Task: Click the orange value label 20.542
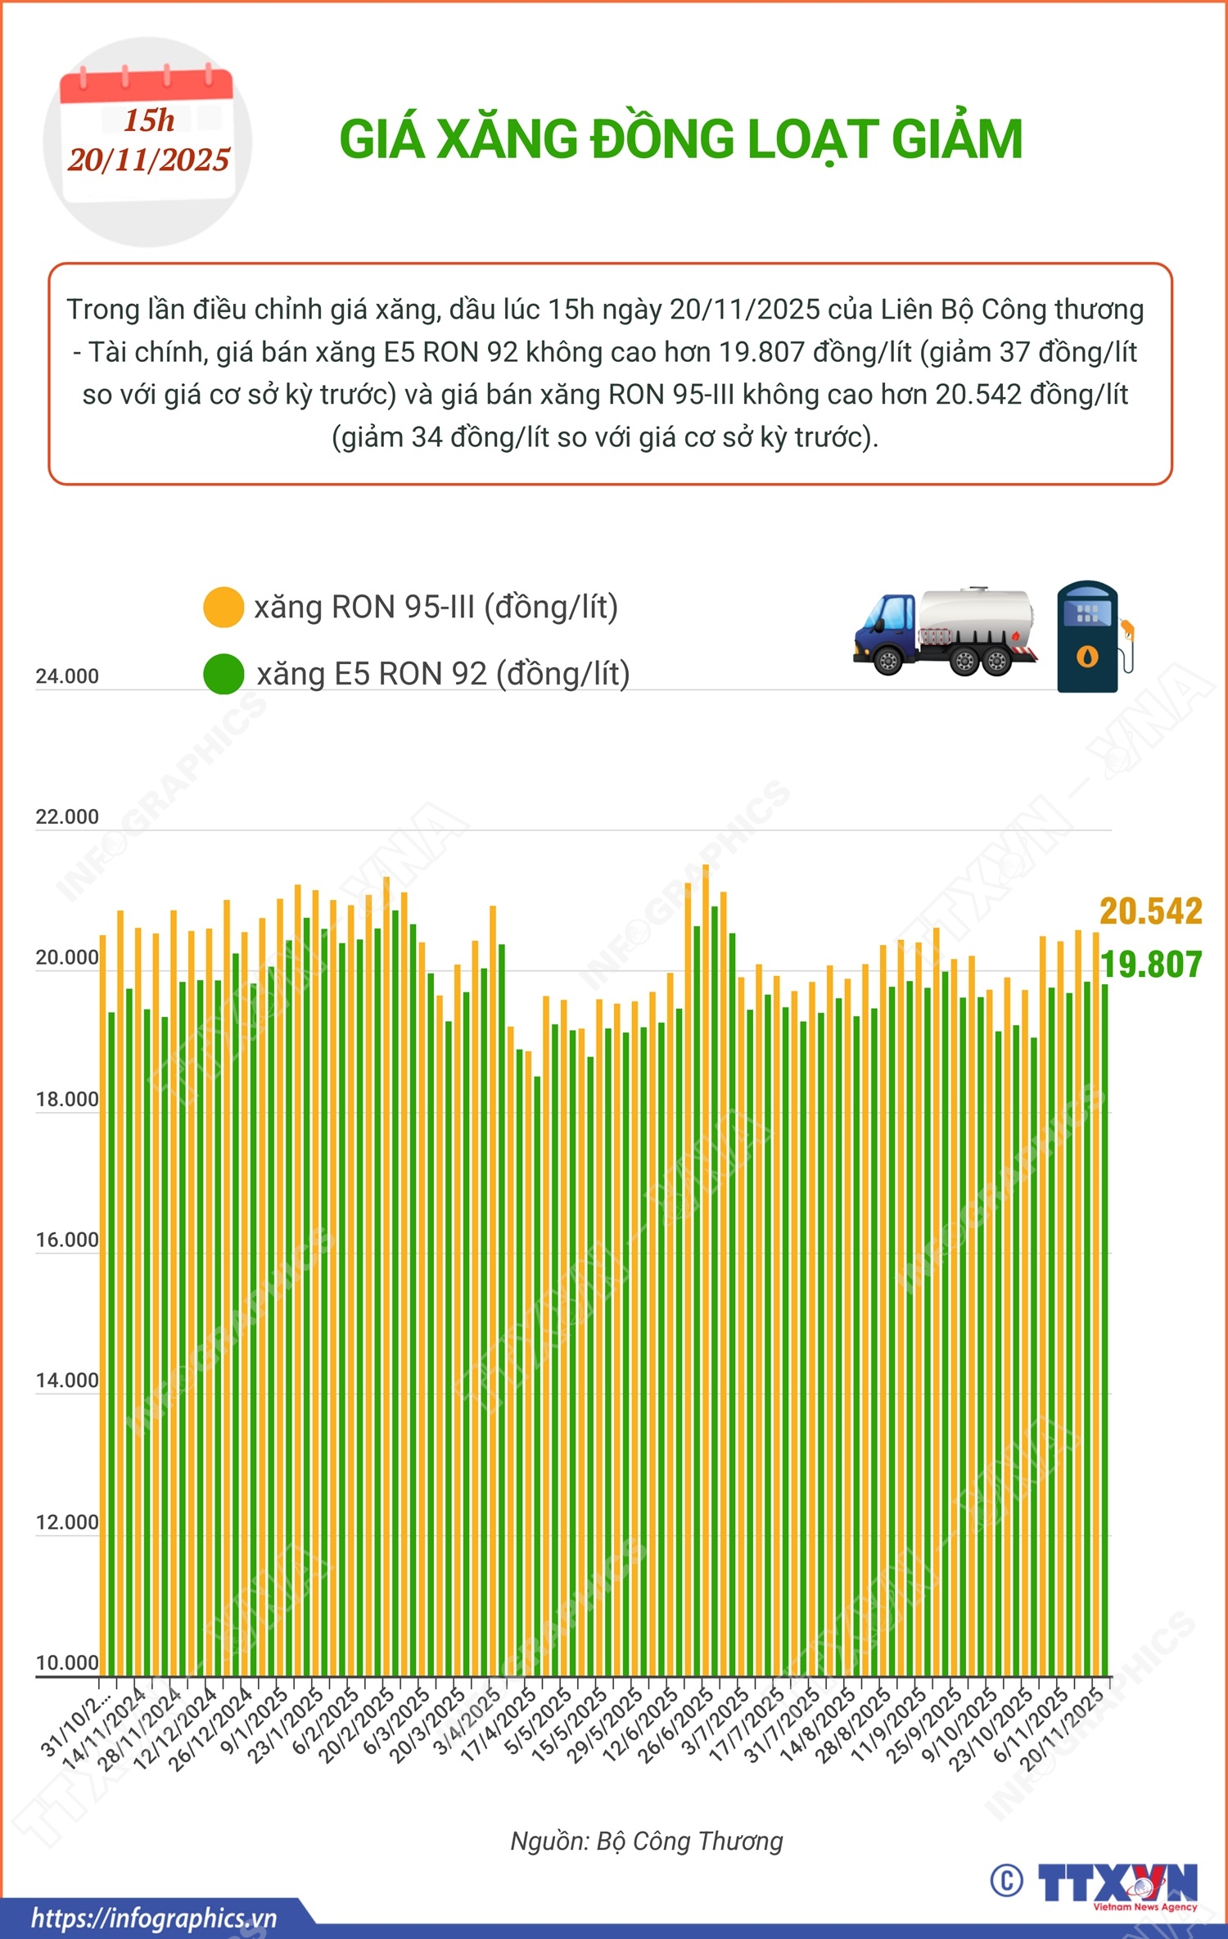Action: click(1150, 911)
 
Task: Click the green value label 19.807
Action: click(1150, 965)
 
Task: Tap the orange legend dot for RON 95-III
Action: click(223, 608)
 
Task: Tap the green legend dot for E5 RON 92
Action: click(223, 674)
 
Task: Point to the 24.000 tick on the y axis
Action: click(67, 676)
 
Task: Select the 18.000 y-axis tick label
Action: click(67, 1099)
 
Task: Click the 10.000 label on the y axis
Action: click(67, 1663)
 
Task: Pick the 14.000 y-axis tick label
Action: click(67, 1381)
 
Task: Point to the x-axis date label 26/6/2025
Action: click(676, 1726)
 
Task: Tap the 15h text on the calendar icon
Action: click(149, 120)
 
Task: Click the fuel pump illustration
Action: click(1091, 637)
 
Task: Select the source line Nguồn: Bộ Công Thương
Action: click(647, 1841)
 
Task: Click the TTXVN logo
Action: click(1117, 1883)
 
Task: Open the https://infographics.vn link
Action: click(154, 1918)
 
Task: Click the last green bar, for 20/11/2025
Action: click(1104, 1327)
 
